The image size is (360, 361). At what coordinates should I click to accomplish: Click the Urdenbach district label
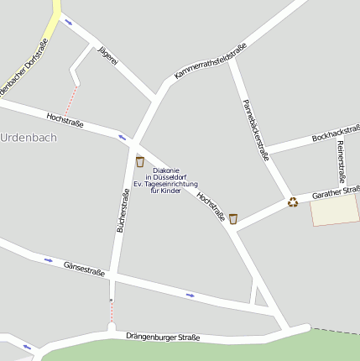click(x=29, y=138)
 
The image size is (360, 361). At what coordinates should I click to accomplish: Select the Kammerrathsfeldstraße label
click(x=210, y=62)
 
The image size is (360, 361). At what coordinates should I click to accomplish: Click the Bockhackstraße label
click(x=335, y=133)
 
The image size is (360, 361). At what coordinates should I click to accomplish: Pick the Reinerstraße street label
click(x=341, y=161)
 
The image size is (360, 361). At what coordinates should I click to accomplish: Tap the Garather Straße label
click(x=335, y=192)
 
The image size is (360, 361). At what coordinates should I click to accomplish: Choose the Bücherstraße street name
click(x=123, y=211)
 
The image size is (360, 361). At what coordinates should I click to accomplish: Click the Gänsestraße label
click(x=84, y=269)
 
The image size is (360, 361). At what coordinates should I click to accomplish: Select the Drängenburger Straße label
click(x=163, y=337)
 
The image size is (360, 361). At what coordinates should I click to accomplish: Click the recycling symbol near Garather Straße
click(x=292, y=201)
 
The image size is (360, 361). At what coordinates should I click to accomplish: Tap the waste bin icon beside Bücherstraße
click(x=139, y=161)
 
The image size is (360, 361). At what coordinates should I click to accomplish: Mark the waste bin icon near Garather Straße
click(x=233, y=219)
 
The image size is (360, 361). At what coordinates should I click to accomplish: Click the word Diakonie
click(x=166, y=170)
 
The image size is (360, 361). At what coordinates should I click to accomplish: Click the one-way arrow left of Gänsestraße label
click(x=48, y=259)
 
